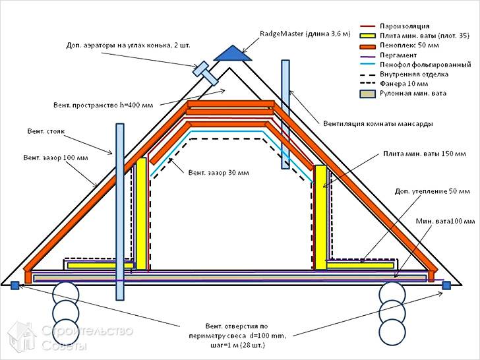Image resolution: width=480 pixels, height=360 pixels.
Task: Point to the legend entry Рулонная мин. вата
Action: pyautogui.click(x=413, y=94)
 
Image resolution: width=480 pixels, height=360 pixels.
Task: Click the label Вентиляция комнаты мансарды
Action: pyautogui.click(x=369, y=123)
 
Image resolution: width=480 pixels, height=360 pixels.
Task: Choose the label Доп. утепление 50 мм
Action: pyautogui.click(x=428, y=191)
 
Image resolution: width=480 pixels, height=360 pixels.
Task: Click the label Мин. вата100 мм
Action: pyautogui.click(x=444, y=221)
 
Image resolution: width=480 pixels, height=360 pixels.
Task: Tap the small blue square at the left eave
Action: pyautogui.click(x=15, y=285)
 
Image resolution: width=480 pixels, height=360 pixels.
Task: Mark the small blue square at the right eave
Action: pyautogui.click(x=446, y=285)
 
